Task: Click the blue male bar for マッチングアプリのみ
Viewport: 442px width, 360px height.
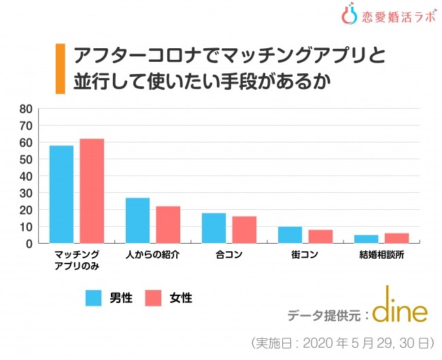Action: click(x=61, y=194)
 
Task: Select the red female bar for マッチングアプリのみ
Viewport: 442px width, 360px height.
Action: click(x=92, y=191)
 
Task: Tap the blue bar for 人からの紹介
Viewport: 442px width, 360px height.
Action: click(x=137, y=220)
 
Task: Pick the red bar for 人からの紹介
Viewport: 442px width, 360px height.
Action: click(x=168, y=224)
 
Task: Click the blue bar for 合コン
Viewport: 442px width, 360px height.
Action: click(x=214, y=228)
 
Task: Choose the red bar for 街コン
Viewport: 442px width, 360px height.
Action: click(x=320, y=236)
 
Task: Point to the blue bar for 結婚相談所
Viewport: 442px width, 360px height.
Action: click(x=366, y=239)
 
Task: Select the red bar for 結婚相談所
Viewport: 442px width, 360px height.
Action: click(x=396, y=238)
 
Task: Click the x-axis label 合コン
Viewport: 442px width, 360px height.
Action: click(x=228, y=255)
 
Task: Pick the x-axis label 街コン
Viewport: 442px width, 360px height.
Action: click(x=305, y=255)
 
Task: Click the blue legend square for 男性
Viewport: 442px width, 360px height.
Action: click(x=93, y=298)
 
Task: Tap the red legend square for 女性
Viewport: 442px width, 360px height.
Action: click(x=153, y=298)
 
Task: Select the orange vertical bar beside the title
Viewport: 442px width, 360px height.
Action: click(x=60, y=69)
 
